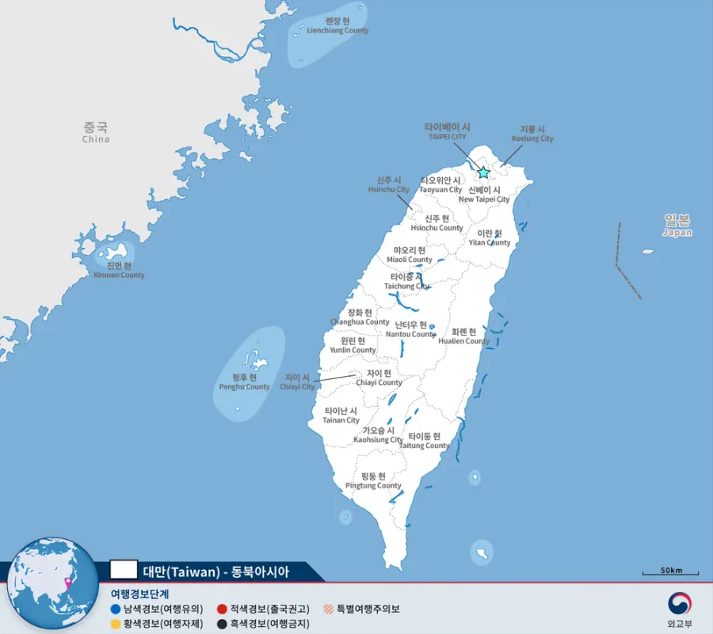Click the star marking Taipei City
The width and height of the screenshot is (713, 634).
point(483,173)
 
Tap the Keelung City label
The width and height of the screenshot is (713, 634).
point(532,134)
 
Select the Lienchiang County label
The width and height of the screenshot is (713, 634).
point(337,26)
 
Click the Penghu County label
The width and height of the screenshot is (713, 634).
point(244,382)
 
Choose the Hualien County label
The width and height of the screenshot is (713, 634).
point(463,336)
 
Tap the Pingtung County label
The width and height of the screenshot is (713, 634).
point(373,481)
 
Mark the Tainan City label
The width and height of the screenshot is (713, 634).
point(341,416)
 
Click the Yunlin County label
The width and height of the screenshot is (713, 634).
point(353,345)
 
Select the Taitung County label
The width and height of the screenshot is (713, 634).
point(424,441)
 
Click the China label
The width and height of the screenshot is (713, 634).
point(96,132)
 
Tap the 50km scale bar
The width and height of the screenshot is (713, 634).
point(670,571)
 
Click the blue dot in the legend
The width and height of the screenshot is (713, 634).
point(116,609)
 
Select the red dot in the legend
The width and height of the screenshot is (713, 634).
point(223,609)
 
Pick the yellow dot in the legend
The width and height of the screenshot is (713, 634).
point(116,624)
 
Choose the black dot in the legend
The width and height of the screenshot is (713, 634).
point(223,624)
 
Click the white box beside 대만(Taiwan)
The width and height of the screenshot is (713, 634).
point(124,570)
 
